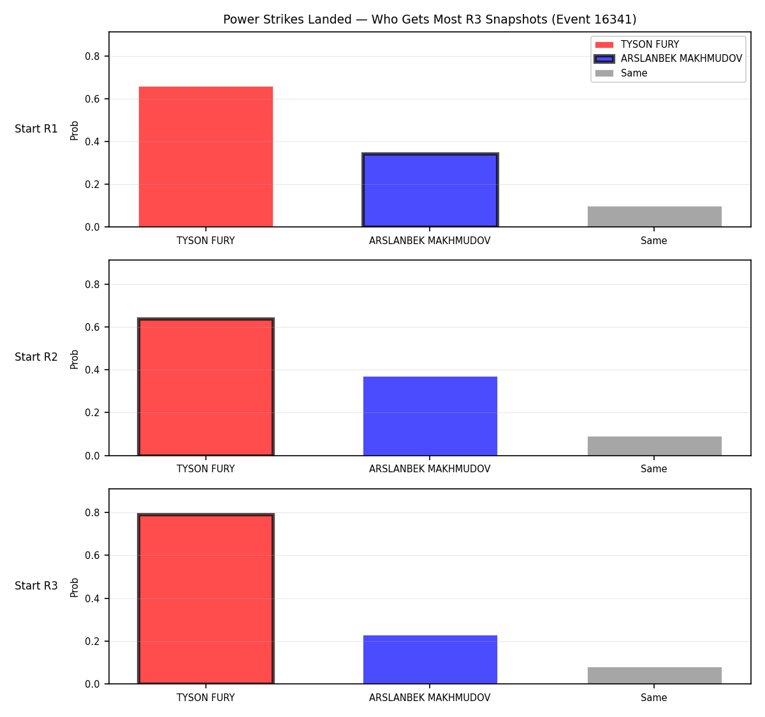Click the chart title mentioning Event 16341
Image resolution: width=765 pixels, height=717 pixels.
[x=429, y=19]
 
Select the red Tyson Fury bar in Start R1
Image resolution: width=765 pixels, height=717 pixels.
[x=206, y=156]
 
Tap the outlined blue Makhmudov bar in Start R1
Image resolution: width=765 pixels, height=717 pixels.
[x=430, y=190]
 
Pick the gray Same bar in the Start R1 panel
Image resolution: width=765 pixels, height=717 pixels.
[x=654, y=217]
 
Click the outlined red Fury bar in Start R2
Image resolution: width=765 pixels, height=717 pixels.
[x=206, y=387]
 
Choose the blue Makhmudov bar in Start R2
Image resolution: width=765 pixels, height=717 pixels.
[x=430, y=416]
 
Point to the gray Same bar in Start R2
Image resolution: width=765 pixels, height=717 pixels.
[x=654, y=445]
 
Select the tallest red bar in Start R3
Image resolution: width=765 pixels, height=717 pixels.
[x=206, y=598]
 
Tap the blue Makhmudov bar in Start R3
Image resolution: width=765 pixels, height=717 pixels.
[x=430, y=660]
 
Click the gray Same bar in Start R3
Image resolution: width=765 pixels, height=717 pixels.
[x=654, y=676]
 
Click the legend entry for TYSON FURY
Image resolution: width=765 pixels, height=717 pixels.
[x=637, y=45]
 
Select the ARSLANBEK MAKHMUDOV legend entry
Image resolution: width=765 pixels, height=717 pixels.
[x=668, y=59]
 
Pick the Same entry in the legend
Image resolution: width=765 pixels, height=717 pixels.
[x=621, y=73]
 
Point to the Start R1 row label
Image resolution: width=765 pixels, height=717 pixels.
[x=36, y=129]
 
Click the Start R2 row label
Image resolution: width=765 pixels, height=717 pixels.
[x=36, y=357]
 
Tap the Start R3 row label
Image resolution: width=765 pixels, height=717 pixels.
[x=36, y=585]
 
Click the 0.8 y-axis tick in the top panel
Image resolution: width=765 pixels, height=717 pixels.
[x=92, y=56]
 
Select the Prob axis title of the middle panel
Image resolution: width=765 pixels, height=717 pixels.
[x=74, y=359]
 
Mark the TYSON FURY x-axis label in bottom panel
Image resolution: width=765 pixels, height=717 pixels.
[x=205, y=697]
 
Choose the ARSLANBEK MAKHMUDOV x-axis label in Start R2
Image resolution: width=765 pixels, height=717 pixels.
[x=430, y=468]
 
